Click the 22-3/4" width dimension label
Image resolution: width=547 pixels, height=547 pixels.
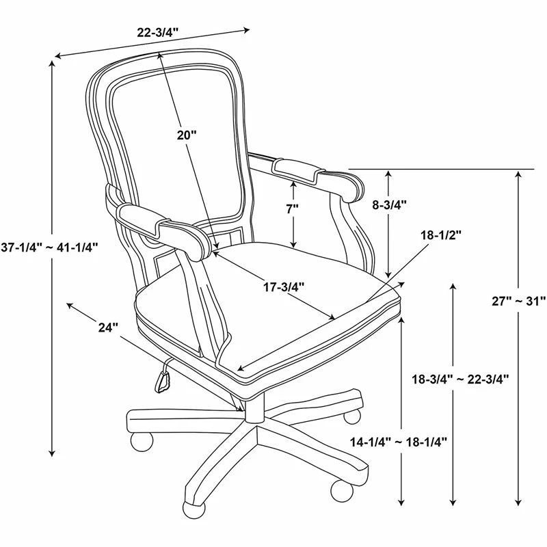click(158, 33)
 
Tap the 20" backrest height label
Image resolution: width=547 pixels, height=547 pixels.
click(187, 135)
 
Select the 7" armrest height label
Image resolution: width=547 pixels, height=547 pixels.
click(293, 209)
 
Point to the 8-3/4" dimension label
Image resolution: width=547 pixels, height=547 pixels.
click(389, 204)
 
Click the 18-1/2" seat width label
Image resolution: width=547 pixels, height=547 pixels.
click(441, 235)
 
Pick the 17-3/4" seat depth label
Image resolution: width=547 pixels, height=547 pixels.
click(284, 287)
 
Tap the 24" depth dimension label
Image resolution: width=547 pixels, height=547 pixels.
click(109, 328)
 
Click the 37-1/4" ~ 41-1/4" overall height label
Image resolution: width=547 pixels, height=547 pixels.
click(49, 248)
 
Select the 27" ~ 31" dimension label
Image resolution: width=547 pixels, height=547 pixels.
click(518, 301)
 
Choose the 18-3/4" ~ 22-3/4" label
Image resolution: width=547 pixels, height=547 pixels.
click(460, 379)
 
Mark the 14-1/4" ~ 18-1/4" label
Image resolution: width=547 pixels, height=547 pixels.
click(399, 442)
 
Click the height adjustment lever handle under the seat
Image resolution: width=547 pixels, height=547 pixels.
click(162, 382)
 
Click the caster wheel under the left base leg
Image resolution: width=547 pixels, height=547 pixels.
click(142, 441)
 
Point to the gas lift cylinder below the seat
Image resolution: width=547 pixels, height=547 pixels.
click(254, 407)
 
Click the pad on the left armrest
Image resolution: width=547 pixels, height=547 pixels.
click(144, 218)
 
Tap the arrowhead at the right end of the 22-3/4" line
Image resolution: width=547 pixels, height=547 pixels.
click(247, 29)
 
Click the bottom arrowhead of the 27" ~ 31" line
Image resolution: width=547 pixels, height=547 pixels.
click(518, 502)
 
